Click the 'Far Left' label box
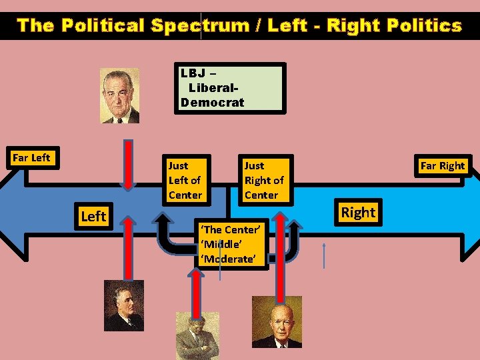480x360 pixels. coord(32,158)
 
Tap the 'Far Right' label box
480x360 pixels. coord(442,166)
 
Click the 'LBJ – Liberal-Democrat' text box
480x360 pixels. coord(229,87)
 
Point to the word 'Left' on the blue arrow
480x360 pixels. coord(93,216)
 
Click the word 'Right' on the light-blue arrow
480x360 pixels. coord(358,212)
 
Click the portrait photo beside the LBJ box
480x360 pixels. coord(120,96)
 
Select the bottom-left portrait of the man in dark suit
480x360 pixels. coord(123,305)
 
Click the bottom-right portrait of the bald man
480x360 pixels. coord(277,322)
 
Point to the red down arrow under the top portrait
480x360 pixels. coord(123,163)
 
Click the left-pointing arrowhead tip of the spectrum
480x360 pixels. coord(7,220)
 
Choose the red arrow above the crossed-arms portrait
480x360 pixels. coord(196,293)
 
